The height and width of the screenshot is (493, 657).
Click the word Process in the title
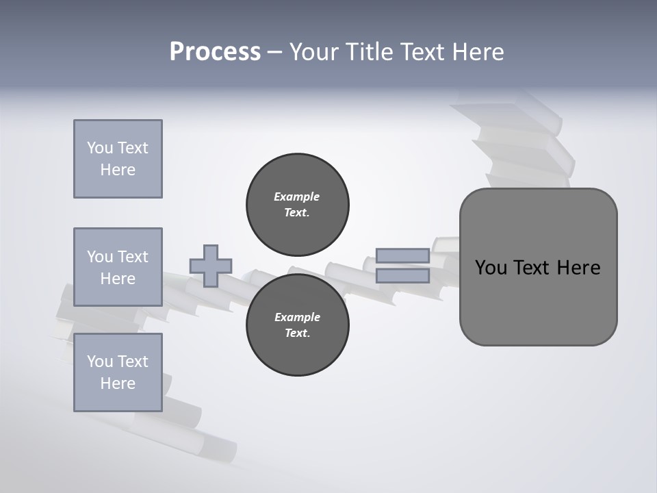215,52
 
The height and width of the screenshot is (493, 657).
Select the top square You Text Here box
118,159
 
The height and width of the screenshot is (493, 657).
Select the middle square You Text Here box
118,267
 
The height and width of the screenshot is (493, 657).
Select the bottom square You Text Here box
118,372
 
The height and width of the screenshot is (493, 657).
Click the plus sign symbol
211,266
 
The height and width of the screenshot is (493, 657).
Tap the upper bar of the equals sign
402,256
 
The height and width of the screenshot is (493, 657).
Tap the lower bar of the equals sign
402,276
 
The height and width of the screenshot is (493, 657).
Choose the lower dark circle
297,325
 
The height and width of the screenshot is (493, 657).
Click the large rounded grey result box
538,267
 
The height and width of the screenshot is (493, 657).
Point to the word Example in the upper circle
297,197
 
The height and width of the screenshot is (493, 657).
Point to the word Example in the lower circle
297,317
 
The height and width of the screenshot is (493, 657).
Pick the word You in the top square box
100,148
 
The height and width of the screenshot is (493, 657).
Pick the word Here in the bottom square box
118,383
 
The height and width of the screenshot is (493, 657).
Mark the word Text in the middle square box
133,257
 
